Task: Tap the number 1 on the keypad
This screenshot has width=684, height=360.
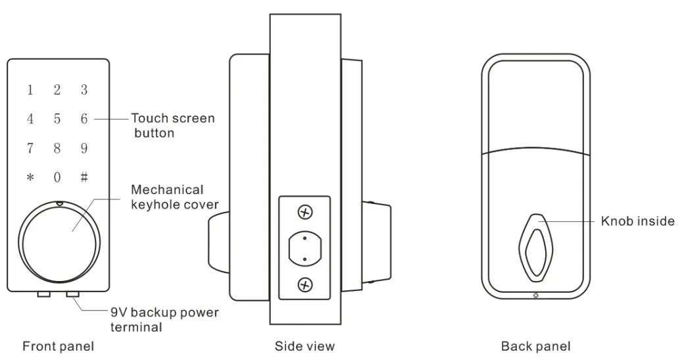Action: [30, 90]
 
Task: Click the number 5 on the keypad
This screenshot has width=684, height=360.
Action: [57, 118]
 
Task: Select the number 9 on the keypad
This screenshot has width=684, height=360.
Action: [84, 148]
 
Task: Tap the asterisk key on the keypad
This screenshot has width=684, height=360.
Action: [30, 178]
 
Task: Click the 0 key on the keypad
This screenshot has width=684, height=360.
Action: [57, 177]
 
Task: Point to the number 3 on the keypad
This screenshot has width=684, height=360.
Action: [84, 90]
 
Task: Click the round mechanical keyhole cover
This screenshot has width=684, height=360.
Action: [59, 242]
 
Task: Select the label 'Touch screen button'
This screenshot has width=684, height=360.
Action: [173, 125]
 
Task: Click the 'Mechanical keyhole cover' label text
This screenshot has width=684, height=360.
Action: [174, 197]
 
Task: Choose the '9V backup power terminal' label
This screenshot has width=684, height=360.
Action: [164, 319]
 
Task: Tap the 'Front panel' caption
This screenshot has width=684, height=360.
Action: [58, 346]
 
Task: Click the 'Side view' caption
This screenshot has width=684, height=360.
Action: [305, 346]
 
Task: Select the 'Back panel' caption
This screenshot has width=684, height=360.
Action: [535, 346]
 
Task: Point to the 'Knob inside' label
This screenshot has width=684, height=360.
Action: [638, 220]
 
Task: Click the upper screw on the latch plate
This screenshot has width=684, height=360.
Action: [305, 213]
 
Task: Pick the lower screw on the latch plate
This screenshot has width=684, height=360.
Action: [305, 285]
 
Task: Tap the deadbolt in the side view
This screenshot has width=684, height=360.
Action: [305, 249]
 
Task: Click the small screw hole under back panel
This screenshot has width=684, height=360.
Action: [536, 296]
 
